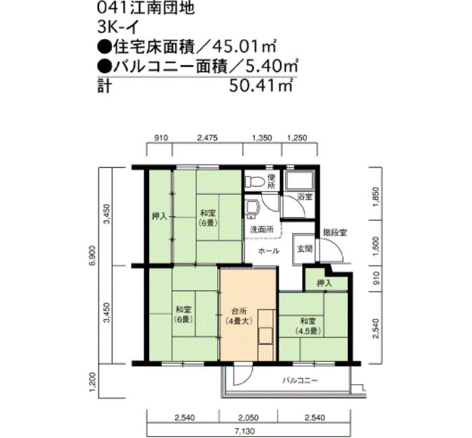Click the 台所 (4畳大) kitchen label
tap(238, 316)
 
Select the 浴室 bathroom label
tap(305, 197)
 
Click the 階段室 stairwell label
tap(334, 232)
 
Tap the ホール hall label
tap(269, 250)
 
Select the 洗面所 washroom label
tap(262, 230)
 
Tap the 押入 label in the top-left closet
tap(159, 216)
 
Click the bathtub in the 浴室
tap(299, 181)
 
